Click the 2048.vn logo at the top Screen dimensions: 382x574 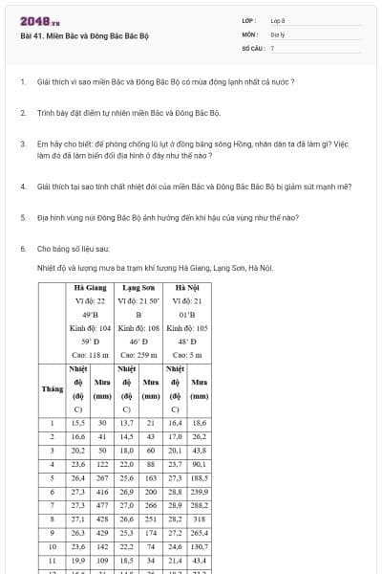(39, 21)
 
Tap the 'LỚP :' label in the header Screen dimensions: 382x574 (249, 20)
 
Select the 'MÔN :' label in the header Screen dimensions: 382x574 (251, 33)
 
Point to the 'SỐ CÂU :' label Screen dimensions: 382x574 (252, 47)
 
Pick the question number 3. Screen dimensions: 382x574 (22, 144)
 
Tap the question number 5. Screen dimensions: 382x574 (22, 217)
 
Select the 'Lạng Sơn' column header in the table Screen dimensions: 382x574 (139, 286)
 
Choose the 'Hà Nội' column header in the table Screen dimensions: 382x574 (187, 286)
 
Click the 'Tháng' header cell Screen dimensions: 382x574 (53, 388)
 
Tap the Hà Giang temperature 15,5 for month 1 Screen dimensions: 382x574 (78, 422)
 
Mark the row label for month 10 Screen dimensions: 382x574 (53, 545)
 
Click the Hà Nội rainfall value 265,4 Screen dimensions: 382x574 (199, 532)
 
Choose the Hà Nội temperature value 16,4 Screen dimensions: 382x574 (175, 422)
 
